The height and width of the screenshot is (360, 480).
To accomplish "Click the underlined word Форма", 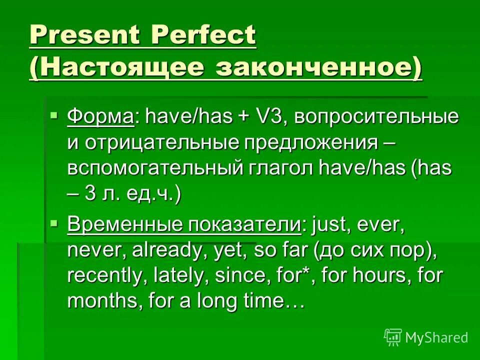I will pos(100,117).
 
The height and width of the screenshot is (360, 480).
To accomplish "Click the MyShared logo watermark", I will pos(425,337).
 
